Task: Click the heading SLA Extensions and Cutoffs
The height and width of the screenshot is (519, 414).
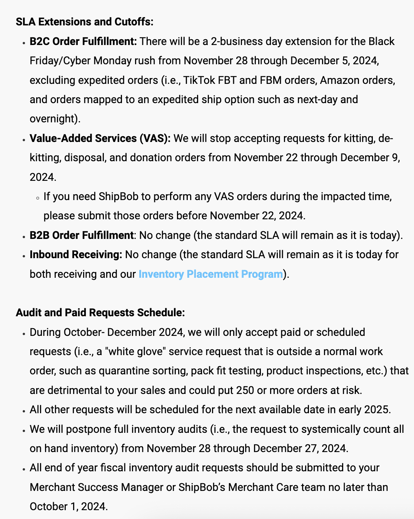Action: coord(84,22)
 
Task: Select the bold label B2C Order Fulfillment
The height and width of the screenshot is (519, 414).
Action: coord(83,42)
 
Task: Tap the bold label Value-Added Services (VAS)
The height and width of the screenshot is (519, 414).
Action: coord(100,139)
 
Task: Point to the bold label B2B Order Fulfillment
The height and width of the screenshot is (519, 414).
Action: coord(82,235)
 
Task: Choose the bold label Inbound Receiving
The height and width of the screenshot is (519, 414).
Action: coord(76,255)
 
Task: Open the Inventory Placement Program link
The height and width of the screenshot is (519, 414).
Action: coord(210,274)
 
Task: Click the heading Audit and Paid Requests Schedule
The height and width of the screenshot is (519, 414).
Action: coord(100,313)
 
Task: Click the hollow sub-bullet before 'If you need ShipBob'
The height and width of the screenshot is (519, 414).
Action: coord(37,198)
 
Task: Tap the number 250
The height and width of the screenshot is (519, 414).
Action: coord(245,391)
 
